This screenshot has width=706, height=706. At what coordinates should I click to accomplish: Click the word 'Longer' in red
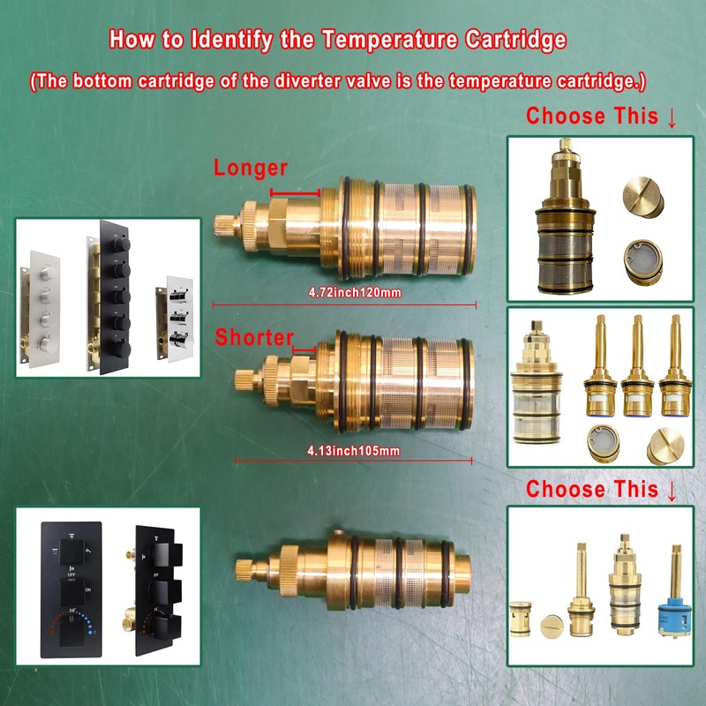[x=251, y=168]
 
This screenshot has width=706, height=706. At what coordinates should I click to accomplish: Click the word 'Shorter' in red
[x=254, y=336]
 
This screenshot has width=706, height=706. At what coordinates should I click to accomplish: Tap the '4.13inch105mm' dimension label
[x=353, y=451]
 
